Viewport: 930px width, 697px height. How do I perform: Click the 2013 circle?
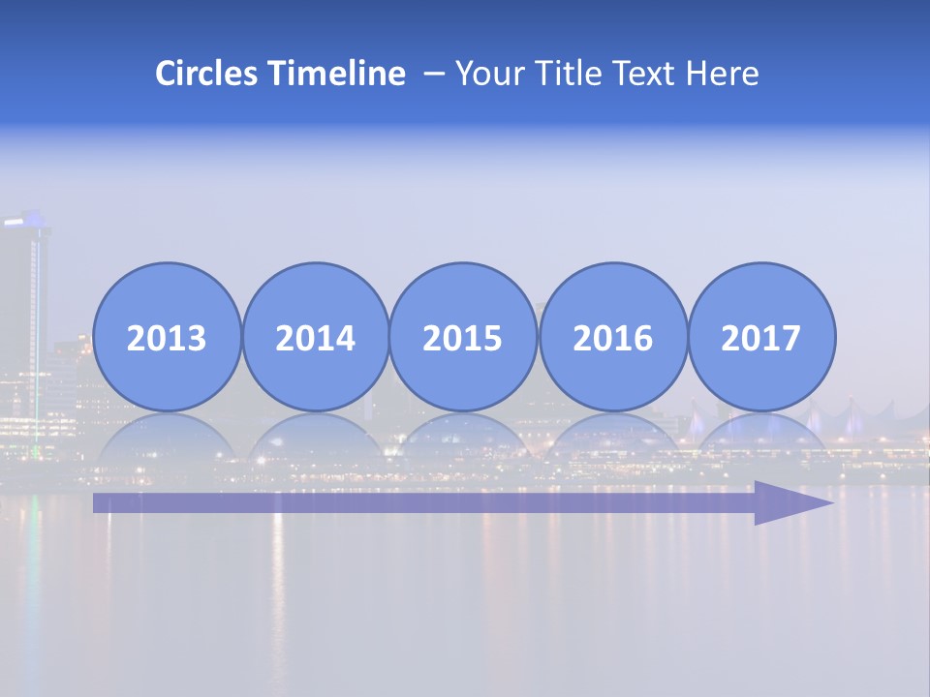point(167,337)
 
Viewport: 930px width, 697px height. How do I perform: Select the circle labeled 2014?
point(315,337)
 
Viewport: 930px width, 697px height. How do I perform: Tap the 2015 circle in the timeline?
point(463,337)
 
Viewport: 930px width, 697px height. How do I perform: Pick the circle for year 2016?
point(612,337)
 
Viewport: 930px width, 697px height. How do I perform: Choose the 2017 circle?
point(761,337)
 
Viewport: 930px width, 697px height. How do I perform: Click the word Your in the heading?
point(487,74)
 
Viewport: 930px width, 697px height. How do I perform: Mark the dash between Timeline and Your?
point(434,75)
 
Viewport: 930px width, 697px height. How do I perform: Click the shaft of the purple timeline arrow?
point(417,502)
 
